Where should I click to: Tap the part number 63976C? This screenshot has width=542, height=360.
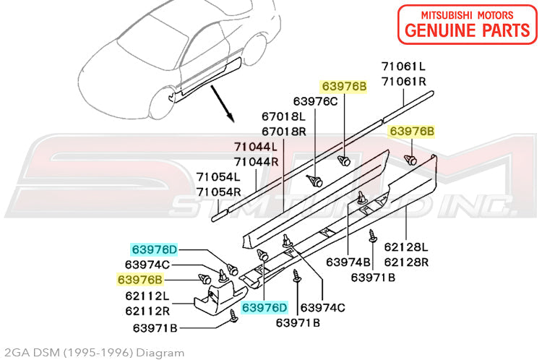[x=315, y=101]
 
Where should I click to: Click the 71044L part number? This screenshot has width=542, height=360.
[x=256, y=147]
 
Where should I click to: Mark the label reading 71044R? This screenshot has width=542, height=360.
[x=256, y=162]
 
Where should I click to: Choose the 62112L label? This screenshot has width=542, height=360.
[x=147, y=296]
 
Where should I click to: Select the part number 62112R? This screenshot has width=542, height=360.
[x=147, y=312]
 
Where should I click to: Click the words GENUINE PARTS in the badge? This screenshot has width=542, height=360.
[x=468, y=30]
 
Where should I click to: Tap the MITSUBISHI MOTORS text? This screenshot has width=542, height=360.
[x=468, y=14]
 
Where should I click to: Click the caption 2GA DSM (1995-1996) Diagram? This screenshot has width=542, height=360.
[x=92, y=353]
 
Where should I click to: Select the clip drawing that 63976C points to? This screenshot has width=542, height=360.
[x=315, y=181]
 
